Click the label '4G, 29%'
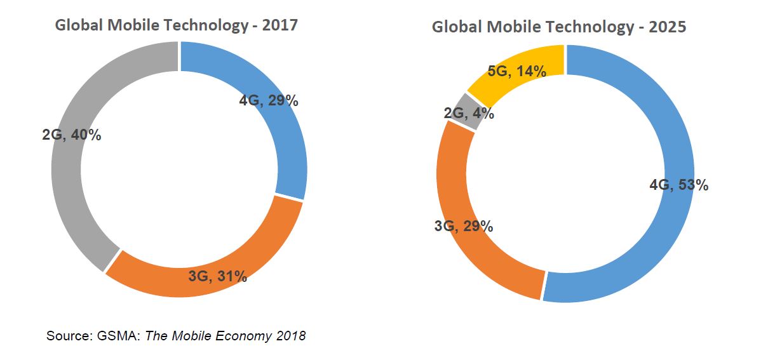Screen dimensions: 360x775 point(269,100)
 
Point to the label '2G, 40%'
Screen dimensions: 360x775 point(72,135)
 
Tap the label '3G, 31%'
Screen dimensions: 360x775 point(217,276)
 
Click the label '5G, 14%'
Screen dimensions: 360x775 point(516,71)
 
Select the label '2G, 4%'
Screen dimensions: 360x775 point(469,114)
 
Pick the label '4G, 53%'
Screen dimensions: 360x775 point(678,185)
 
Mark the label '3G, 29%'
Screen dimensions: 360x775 point(464,225)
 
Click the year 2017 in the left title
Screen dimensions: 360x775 point(279,25)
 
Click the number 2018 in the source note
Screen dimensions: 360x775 point(290,335)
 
